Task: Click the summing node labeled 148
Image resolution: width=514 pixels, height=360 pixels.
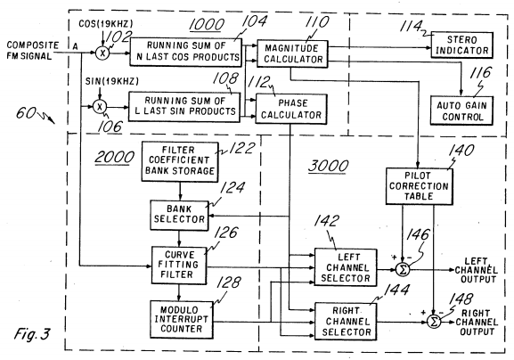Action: click(x=434, y=319)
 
